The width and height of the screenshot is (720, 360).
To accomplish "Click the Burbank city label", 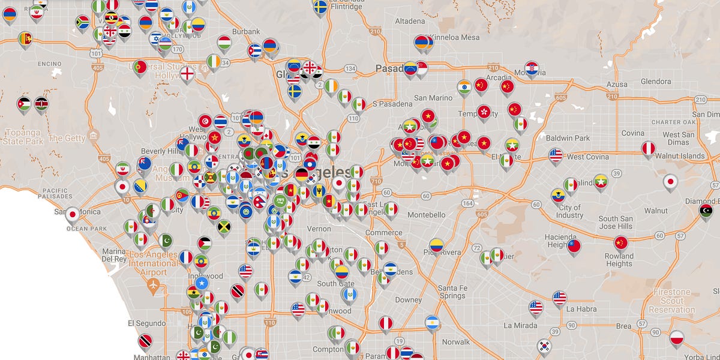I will pos(247,31).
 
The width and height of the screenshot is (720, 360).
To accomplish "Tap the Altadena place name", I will pos(410,21).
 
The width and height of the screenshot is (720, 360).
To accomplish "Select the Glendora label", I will pos(656,81).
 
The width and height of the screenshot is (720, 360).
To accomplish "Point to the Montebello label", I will pos(427,214).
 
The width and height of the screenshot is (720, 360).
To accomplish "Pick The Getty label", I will pos(67,138).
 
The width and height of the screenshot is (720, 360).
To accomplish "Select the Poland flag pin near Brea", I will pos(677,337).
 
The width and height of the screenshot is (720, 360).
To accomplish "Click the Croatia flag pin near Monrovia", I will pos(532,67).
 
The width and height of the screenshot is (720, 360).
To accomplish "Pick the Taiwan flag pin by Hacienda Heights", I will pos(574,245).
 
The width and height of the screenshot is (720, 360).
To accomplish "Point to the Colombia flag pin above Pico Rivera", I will pos(436,245).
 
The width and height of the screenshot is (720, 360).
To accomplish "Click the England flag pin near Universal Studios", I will pos(188,73).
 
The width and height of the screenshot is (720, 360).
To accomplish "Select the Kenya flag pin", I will pos(41,103).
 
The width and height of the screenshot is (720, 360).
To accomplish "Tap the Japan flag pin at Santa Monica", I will pos(73,214).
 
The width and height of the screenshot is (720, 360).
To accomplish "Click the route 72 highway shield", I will pos(477,247).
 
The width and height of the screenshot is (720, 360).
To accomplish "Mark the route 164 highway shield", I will pos(466,203).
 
